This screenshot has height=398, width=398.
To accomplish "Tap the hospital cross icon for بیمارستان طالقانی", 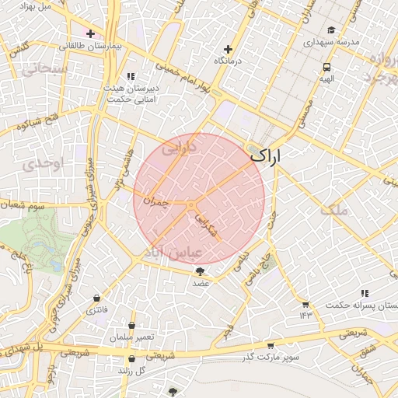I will coord(91,34).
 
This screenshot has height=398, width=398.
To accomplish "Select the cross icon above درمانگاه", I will coord(228,48).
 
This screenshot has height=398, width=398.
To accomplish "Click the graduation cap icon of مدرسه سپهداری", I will coord(332,30).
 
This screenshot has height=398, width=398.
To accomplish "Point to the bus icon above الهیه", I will coord(326,68).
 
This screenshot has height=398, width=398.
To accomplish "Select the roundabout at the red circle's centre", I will coord(190,204).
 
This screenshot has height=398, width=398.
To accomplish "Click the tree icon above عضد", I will coord(201,271).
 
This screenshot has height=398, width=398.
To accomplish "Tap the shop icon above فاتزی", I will coord(96,298).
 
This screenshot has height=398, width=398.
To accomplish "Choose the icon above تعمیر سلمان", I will coord(132,326).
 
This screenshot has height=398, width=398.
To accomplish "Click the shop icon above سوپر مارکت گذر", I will coord(271,344).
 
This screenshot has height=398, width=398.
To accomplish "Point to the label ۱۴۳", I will coord(305,315).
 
